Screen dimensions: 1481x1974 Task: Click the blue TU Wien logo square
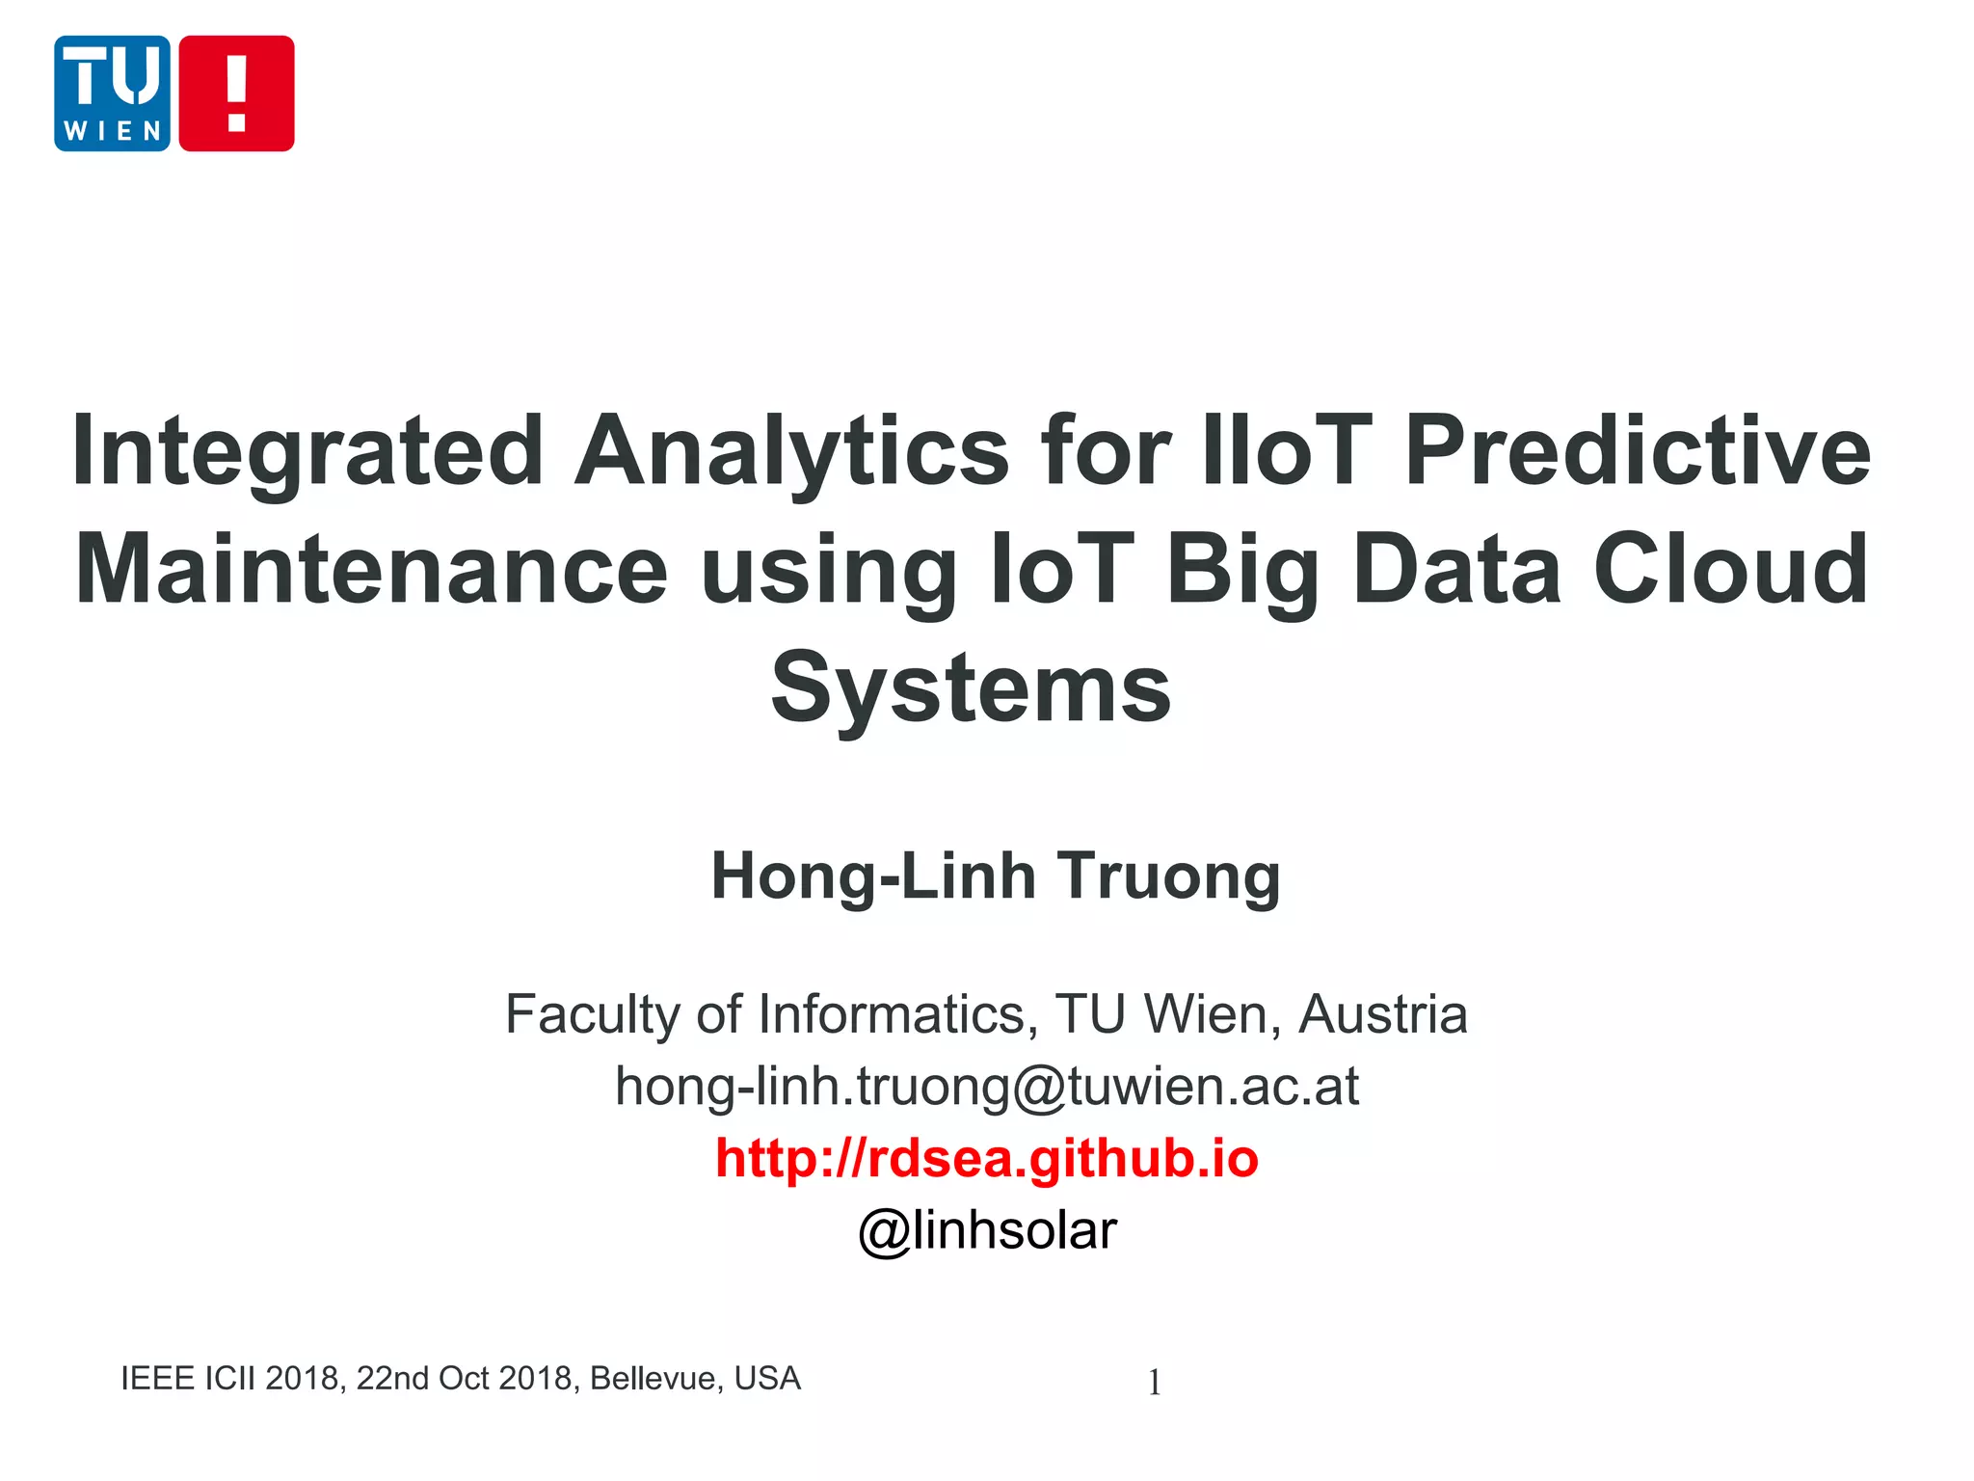(112, 94)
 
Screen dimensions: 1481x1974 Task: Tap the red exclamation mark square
(236, 94)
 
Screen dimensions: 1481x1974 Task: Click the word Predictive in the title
(1638, 449)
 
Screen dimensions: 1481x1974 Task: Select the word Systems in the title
(971, 688)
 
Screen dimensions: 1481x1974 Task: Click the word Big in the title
(1242, 571)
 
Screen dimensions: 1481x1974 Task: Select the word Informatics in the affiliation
(897, 1014)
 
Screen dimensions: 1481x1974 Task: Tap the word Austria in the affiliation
(1382, 1014)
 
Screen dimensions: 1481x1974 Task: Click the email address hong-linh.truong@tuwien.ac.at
(987, 1087)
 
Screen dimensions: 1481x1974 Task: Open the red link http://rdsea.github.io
(987, 1158)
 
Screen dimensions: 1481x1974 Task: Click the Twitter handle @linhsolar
(987, 1230)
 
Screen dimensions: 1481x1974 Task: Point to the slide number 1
(1154, 1383)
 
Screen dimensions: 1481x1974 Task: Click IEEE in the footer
(158, 1379)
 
